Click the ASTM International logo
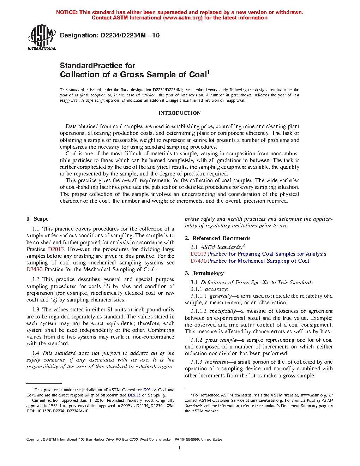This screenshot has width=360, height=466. coord(42,37)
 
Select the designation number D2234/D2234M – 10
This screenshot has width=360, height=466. coord(130,35)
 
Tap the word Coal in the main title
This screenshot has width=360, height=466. coord(198,74)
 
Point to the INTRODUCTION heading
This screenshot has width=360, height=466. coord(179,113)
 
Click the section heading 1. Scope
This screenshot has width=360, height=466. coord(37,219)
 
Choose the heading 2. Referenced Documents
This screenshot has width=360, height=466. coord(217,238)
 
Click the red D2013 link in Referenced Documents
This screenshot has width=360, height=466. coord(198,254)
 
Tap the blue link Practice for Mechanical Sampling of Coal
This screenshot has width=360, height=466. coord(258,261)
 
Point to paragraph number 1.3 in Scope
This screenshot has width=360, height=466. coord(36,310)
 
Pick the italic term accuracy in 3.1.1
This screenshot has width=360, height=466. coord(216,289)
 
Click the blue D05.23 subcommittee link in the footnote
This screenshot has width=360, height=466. coord(134,395)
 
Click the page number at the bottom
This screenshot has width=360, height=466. coord(180,448)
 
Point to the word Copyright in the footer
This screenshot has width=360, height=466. coord(34,440)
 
